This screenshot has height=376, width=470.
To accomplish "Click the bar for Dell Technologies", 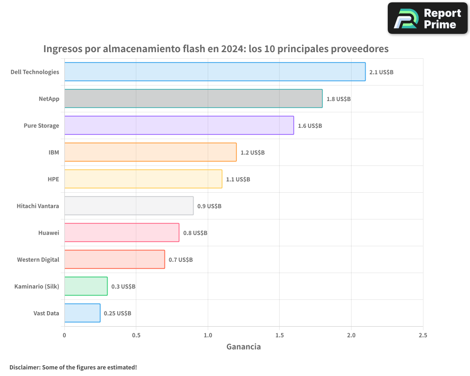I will click(x=215, y=72).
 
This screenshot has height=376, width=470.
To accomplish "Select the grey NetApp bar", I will click(x=193, y=99).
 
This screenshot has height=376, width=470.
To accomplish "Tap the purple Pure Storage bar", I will click(x=179, y=125).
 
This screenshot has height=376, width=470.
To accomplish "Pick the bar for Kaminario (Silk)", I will click(x=86, y=286).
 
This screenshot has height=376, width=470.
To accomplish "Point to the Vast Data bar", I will click(x=82, y=313).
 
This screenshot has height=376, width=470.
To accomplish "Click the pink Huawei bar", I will click(x=122, y=233).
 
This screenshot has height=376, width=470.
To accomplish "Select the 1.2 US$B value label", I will click(x=252, y=153).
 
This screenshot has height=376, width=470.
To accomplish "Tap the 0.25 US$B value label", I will click(x=117, y=313).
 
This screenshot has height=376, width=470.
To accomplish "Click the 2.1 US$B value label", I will click(x=381, y=72).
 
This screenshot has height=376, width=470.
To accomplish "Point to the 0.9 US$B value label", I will click(x=209, y=206).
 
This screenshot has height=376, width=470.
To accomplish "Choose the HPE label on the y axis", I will click(x=53, y=179).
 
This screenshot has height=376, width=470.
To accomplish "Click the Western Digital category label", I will click(x=38, y=259).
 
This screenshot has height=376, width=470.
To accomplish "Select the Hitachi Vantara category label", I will click(x=38, y=206).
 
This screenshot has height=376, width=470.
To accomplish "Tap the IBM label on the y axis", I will click(x=54, y=152).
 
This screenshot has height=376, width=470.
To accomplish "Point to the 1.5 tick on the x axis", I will click(x=279, y=335).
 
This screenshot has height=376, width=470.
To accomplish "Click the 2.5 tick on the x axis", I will click(x=423, y=335).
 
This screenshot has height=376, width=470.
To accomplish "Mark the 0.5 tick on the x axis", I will click(x=136, y=335).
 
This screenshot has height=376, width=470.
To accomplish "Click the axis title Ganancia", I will click(x=243, y=347).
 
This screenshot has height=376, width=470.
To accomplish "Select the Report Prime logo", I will click(x=427, y=18).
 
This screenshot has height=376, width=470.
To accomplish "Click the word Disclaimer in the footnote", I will click(x=24, y=367).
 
